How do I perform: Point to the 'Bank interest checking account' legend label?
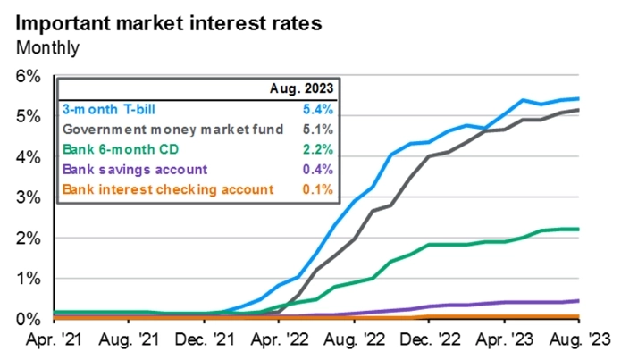tap(165, 188)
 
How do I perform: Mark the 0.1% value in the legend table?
tap(318, 188)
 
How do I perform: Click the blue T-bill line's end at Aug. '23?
tap(578, 98)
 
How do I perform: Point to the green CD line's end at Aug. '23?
tap(578, 230)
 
